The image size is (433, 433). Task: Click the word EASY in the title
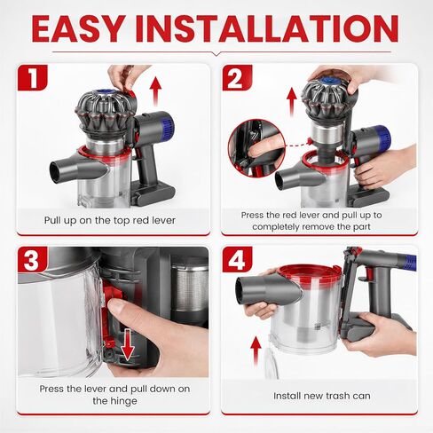(77, 28)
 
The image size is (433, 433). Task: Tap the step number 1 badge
(32, 77)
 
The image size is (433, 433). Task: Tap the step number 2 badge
(237, 77)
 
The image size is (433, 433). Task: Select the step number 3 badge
(32, 259)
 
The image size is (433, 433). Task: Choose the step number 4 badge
(237, 259)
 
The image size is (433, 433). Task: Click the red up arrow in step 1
(155, 91)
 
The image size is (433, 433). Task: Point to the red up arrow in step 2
(292, 102)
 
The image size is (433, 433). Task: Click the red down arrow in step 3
(128, 343)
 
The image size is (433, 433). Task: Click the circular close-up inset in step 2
(256, 148)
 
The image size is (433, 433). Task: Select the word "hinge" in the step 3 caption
(123, 401)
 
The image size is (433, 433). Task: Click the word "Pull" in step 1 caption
(52, 220)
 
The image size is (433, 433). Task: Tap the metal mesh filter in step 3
(190, 287)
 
